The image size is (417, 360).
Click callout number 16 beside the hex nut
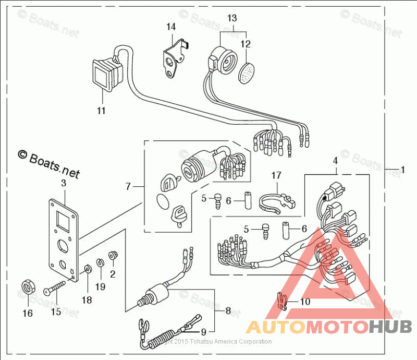pos(27,313)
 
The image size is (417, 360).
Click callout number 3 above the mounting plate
pos(64,183)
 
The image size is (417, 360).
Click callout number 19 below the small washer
pos(100,286)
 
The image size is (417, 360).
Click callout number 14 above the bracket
pos(171,26)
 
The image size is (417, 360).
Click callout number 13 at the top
pos(232,18)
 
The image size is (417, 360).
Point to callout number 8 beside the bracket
pos(228,310)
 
